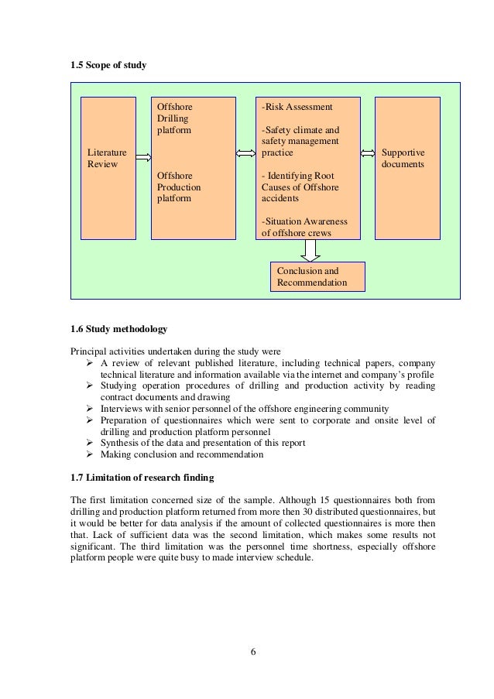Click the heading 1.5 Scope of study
tap(108, 64)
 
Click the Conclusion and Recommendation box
tap(317, 277)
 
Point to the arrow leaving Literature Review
tap(143, 157)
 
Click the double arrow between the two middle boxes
tap(245, 153)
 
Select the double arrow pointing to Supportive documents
tap(368, 153)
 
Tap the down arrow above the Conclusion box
tap(310, 250)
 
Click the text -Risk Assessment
tap(297, 107)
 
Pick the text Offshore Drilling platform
tap(173, 119)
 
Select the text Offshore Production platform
tap(179, 187)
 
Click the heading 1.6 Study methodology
tap(118, 331)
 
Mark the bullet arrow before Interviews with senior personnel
tap(89, 409)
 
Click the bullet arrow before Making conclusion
tap(89, 454)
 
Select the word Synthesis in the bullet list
tap(120, 443)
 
